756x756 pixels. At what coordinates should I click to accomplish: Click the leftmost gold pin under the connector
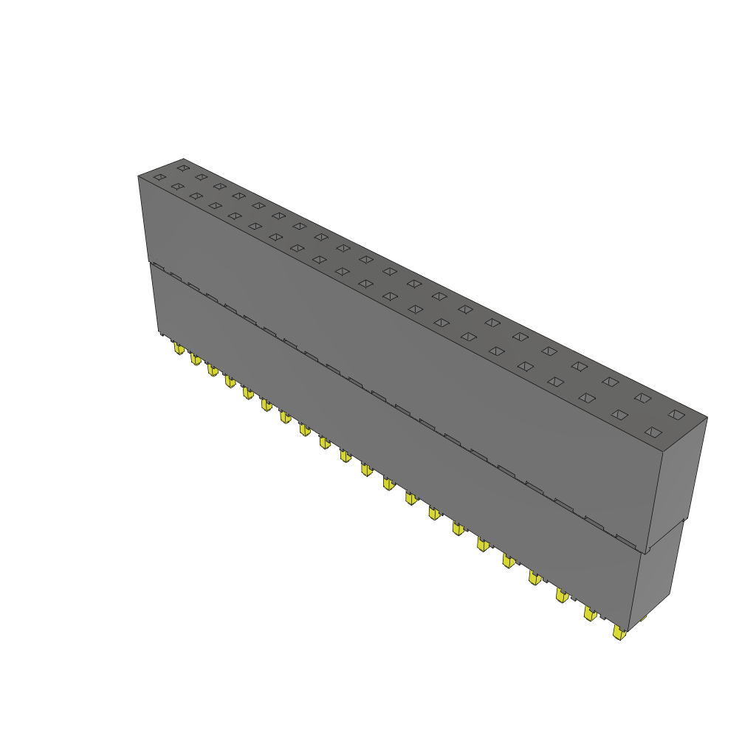tap(178, 348)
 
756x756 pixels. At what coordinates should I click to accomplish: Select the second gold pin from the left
tap(195, 359)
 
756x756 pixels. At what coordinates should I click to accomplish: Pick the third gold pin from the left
tap(212, 369)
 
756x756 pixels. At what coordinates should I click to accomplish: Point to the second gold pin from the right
tap(590, 613)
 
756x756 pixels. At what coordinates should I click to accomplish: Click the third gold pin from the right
tap(563, 595)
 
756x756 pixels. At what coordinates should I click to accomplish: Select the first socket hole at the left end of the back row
tap(183, 168)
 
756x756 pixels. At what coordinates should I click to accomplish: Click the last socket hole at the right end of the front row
tap(651, 432)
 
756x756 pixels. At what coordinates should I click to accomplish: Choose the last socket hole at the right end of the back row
tap(677, 414)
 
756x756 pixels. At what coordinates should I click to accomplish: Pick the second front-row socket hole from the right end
tap(619, 415)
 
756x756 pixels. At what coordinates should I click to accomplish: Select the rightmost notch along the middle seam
tap(626, 542)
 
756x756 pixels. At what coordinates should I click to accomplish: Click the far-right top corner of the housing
tap(707, 418)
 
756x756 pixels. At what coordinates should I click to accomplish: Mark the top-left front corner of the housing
tap(139, 176)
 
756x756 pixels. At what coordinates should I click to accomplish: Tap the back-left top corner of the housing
tap(183, 159)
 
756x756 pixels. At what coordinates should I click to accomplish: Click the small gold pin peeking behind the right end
tap(642, 618)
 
